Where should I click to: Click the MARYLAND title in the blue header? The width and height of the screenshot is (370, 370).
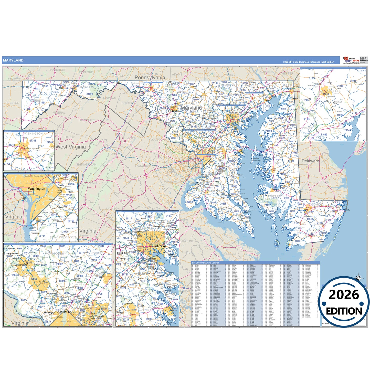13,60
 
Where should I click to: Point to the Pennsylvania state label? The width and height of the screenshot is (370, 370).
150,77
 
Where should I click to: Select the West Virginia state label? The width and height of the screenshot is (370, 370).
71,147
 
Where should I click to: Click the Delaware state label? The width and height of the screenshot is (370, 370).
310,161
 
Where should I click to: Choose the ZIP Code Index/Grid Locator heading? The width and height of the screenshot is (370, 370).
205,263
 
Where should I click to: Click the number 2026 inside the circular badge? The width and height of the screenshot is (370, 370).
344,295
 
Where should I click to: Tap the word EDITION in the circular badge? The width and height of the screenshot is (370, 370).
344,311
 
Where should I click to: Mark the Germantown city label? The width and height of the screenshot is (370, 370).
12,253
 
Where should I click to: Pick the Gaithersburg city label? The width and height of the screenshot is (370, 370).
21,265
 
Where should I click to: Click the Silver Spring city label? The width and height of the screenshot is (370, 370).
62,312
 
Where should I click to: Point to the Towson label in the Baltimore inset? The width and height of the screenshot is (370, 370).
158,226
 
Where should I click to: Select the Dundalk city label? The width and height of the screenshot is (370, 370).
170,255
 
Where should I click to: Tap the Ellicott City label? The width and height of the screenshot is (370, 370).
122,253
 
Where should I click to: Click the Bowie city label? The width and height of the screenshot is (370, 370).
130,304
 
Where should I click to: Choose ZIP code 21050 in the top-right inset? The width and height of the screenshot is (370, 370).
312,78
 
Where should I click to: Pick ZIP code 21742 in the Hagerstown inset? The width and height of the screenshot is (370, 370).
33,141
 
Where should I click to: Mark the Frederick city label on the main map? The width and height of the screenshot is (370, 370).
173,111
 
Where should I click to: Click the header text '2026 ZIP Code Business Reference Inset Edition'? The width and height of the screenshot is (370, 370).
309,62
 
